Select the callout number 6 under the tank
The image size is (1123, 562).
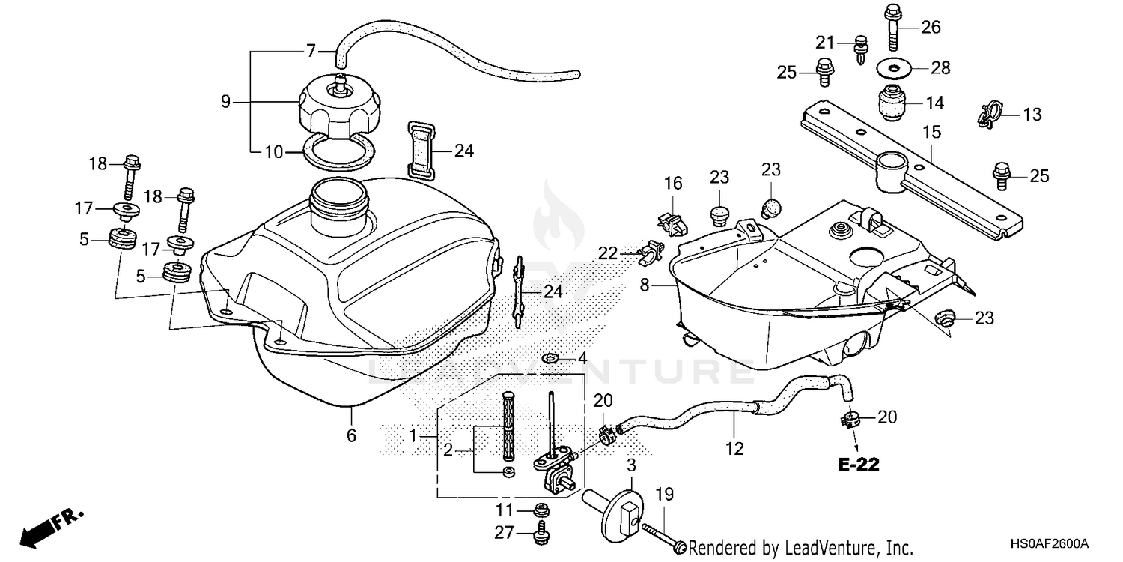click(351, 435)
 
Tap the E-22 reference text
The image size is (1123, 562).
click(858, 465)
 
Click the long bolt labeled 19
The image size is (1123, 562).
click(666, 538)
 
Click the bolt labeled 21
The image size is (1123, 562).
click(861, 48)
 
